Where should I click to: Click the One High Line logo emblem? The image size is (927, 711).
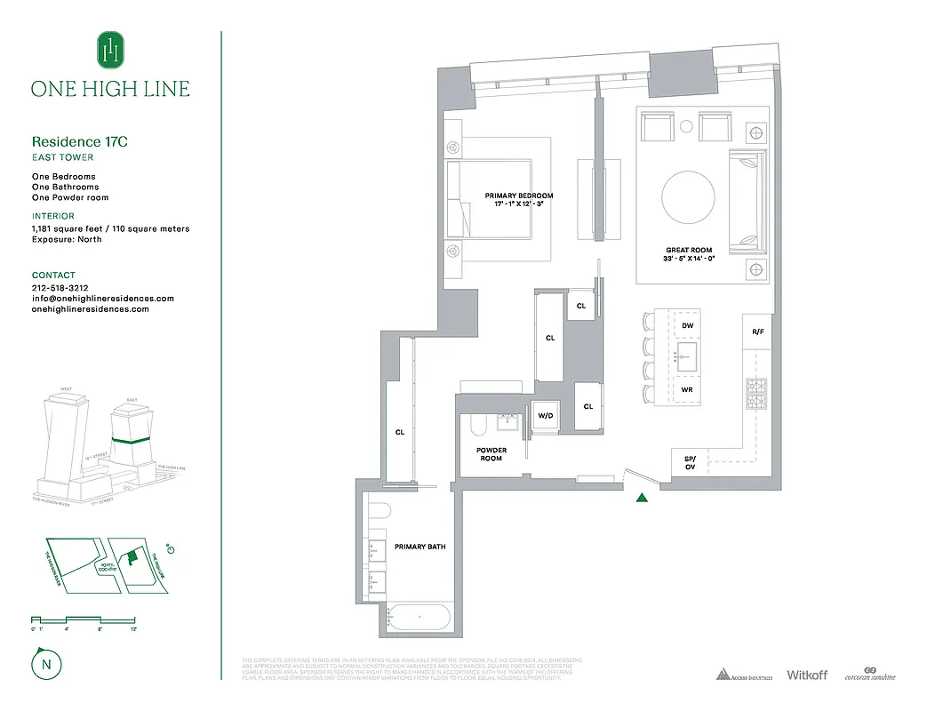point(110,51)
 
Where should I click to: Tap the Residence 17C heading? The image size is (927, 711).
point(74,141)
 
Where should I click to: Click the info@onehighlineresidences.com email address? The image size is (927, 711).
point(102,299)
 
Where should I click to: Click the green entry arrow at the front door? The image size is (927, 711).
point(642,497)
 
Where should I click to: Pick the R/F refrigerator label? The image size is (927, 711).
point(757,332)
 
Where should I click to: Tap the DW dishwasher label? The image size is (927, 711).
point(687,326)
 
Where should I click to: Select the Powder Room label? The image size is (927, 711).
point(491,454)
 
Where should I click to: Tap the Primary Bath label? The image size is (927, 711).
point(420,547)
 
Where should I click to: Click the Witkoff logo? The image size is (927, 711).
point(806,675)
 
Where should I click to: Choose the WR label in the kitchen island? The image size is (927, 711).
point(687,390)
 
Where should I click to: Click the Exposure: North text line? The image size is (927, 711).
point(67,239)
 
